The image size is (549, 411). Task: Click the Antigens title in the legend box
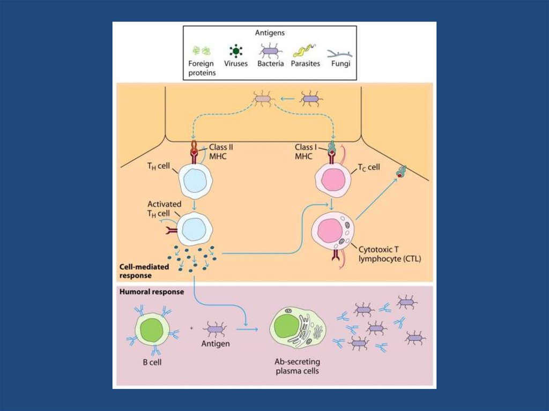coord(270,33)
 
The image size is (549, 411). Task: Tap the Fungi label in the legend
coord(340,64)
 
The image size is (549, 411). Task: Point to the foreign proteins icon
coord(202,51)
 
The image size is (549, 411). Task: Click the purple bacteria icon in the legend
coord(270,51)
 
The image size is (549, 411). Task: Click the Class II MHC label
coord(220,151)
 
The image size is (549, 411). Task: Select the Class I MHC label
coord(307,152)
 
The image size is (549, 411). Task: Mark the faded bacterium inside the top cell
coord(263,99)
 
